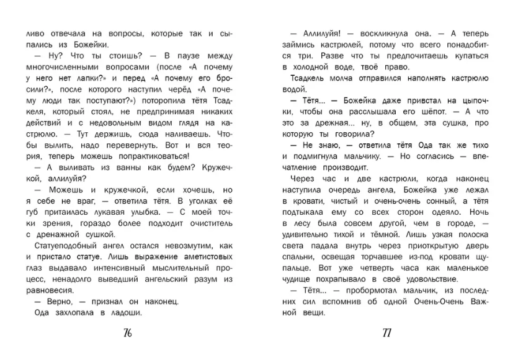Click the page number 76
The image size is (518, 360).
[128, 333]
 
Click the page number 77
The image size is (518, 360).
[386, 333]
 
